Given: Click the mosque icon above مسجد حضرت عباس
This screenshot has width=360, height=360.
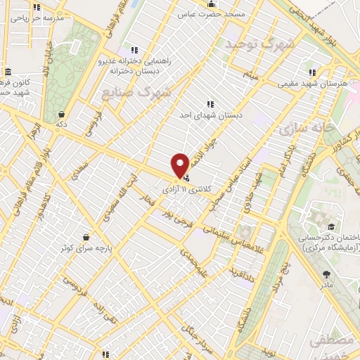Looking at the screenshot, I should point(212,4).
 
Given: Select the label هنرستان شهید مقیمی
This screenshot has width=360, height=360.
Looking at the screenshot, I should point(312,83).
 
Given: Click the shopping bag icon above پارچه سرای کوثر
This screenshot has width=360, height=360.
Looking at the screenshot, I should point(86,236).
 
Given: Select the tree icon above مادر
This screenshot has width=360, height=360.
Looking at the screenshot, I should point(326,275).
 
